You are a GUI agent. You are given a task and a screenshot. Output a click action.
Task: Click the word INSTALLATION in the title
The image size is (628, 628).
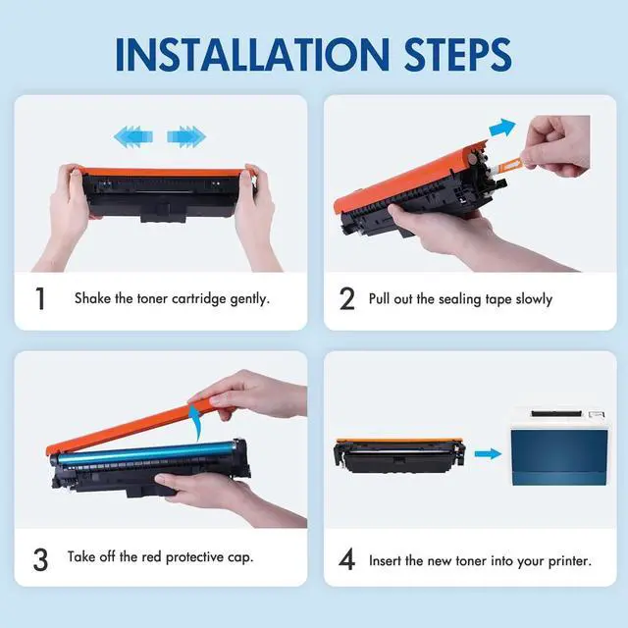point(252,55)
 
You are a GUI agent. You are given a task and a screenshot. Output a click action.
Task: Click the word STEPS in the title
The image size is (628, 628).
point(457,55)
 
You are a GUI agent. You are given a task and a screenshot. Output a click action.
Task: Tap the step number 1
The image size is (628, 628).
point(40,298)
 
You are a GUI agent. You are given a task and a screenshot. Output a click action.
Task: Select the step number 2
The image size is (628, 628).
point(346,298)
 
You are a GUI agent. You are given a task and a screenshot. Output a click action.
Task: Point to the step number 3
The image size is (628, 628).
point(40,559)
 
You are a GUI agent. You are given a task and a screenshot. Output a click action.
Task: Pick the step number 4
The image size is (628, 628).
point(346,559)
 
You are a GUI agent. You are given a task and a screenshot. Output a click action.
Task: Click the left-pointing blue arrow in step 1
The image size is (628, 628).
point(133,136)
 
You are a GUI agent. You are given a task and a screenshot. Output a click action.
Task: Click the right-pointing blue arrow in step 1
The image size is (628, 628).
point(186,136)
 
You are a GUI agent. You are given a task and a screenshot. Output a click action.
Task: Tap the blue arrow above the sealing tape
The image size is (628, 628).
point(502,128)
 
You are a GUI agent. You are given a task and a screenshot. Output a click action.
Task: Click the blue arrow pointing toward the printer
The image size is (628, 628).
point(489,453)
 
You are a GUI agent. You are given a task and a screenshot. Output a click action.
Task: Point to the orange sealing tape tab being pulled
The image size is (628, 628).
point(508,164)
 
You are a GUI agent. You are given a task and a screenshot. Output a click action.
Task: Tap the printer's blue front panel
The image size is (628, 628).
point(559,457)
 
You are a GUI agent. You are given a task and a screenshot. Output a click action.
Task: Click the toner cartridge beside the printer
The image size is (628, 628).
point(399,455)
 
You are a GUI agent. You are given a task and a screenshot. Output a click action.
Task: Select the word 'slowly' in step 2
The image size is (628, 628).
point(534,299)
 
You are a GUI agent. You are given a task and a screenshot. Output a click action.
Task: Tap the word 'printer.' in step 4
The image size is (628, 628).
point(570,561)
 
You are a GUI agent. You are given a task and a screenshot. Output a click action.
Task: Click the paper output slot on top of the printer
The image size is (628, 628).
point(556,413)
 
